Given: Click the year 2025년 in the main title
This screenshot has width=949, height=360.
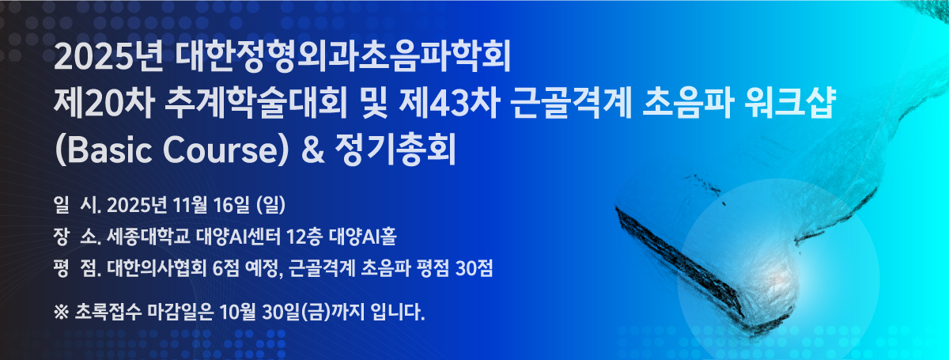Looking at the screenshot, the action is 108,57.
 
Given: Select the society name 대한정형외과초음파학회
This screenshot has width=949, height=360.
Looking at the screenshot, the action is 342,57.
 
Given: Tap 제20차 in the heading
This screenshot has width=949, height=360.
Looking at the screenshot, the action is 104,104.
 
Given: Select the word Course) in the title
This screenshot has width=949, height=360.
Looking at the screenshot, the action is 225,150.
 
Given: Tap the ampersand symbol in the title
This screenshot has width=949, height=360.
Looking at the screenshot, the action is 312,150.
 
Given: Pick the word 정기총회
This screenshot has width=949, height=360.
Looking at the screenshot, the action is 395,150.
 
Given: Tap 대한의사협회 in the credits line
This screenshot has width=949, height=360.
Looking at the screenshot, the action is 157,268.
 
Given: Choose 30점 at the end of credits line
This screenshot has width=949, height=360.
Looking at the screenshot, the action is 474,268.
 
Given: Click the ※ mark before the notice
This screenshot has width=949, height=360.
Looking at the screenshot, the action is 62,312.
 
